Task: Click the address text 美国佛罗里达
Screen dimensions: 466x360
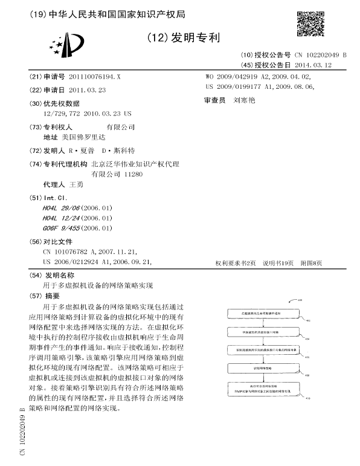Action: coord(80,138)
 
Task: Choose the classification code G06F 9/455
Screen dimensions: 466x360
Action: coord(62,228)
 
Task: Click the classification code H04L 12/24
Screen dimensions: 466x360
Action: coord(62,218)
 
